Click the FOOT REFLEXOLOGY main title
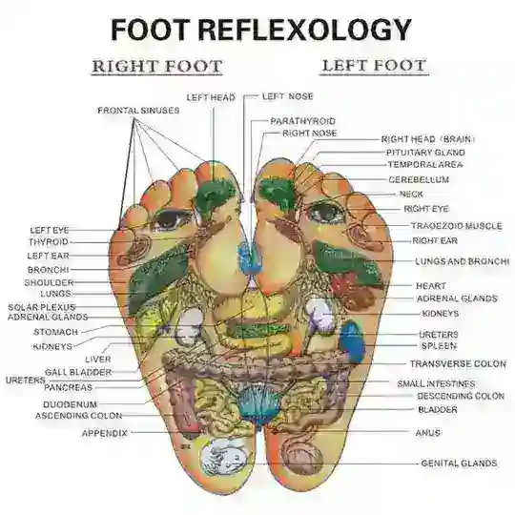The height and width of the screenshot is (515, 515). pos(261,30)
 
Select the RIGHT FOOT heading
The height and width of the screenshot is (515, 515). pos(157,66)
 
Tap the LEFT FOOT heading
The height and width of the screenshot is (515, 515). pos(374,66)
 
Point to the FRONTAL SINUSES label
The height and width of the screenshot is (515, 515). pos(138,111)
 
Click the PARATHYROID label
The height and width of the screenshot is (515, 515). pos(303,121)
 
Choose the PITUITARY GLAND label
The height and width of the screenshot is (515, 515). pos(425,153)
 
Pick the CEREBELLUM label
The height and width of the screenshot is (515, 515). pos(419,179)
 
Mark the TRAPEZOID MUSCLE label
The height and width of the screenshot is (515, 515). pos(457,226)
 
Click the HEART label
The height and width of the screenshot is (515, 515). pos(431,286)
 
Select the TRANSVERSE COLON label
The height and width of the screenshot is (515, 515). pos(458,364)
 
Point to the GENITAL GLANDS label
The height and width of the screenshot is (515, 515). pos(459,463)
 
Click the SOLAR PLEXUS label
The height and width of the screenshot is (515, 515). pos(42,307)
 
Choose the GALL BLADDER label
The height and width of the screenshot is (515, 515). pos(78,373)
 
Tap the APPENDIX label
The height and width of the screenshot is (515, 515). pos(105,434)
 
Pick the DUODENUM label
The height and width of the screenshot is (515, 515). pos(70,404)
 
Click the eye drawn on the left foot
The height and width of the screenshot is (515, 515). pos(326,212)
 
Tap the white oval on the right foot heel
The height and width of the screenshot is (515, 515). pos(224,457)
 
